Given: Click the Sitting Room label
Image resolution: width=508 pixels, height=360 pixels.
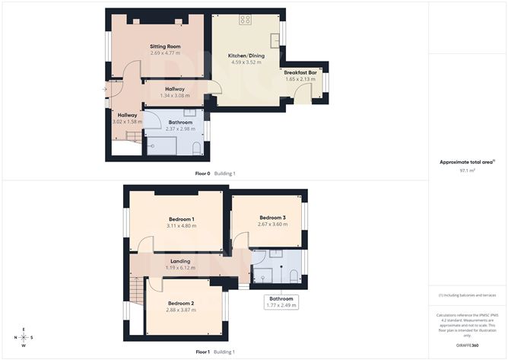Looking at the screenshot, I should tap(164, 46).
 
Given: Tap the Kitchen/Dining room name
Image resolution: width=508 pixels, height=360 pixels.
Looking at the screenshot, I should tap(245, 57).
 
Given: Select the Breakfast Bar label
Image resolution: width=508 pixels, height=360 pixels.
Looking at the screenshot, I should tap(300, 72).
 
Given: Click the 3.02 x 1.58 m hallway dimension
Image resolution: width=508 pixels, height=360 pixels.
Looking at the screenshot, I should tap(127, 121).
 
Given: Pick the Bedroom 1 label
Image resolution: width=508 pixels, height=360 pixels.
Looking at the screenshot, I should tap(182, 219).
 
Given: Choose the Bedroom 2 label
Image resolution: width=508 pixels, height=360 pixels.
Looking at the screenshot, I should tap(182, 302).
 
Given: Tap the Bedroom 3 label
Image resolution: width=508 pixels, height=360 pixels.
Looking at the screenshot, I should tap(271, 217).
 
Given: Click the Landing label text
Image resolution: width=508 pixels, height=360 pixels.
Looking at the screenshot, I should tap(180, 261).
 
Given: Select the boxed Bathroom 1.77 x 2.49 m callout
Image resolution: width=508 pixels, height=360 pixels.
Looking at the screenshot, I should tap(281, 302).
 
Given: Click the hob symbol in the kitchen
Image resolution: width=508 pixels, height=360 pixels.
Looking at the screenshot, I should tap(246, 21).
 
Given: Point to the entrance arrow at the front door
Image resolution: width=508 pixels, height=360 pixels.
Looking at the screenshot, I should tap(104, 89).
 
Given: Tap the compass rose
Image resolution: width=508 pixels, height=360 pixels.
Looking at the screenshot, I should tap(24, 337).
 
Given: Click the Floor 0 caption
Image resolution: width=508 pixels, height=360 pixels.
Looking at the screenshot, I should tap(202, 174).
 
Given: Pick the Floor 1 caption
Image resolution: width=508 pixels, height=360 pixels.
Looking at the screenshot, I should tap(202, 352).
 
